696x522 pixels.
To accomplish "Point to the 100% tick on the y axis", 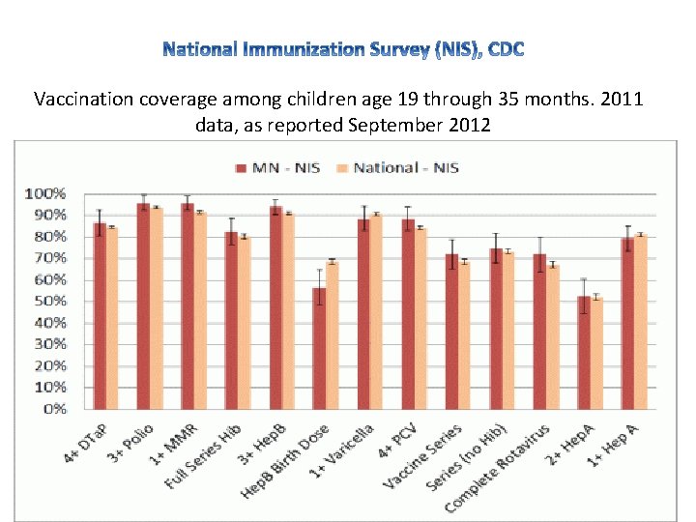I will click(44, 193).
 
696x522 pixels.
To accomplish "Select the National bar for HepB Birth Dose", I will click(332, 334).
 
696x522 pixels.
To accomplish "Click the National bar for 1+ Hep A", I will click(640, 321).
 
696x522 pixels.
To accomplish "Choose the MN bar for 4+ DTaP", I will click(100, 315).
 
